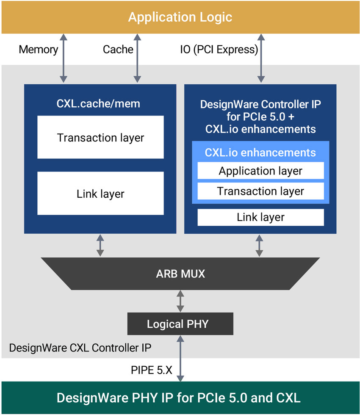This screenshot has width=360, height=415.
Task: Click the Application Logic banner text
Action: coord(180,17)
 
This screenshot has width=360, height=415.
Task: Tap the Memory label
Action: coord(39,50)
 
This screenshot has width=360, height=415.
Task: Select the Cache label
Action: coord(118,50)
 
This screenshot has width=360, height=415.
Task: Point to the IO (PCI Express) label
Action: coord(219,50)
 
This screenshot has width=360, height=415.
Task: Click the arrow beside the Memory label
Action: coord(63,58)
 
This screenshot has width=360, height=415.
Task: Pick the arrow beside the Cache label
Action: coord(137,58)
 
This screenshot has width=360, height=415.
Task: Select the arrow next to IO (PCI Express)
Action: coord(260,58)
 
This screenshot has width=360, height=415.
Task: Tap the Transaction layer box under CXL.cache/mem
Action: coord(100,137)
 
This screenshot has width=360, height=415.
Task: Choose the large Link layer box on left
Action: coord(100,194)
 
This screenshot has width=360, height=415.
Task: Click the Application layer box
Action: coord(260,171)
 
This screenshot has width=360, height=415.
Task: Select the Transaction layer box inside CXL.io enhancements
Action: coord(260,191)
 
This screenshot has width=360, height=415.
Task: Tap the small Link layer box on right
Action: coord(260,217)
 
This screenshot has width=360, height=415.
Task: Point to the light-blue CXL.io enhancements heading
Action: coord(260,152)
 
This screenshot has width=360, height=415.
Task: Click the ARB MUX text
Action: coord(180,274)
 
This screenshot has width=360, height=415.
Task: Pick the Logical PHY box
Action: coord(180,324)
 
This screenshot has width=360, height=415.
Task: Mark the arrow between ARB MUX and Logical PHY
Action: coord(180,301)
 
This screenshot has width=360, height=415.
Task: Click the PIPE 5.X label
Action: coord(151,370)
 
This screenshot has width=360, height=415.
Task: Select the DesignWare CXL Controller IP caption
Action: coord(80,348)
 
